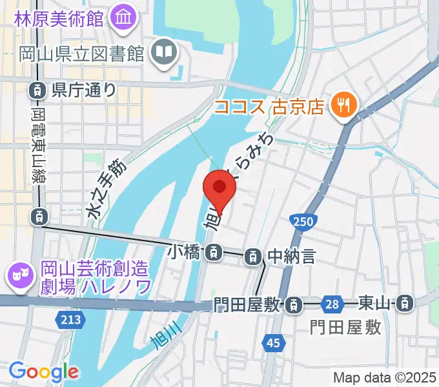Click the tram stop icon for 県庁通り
point(38,90)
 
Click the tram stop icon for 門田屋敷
point(294,303)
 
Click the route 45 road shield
point(273,342)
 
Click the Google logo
point(44,372)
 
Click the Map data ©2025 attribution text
point(385,377)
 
